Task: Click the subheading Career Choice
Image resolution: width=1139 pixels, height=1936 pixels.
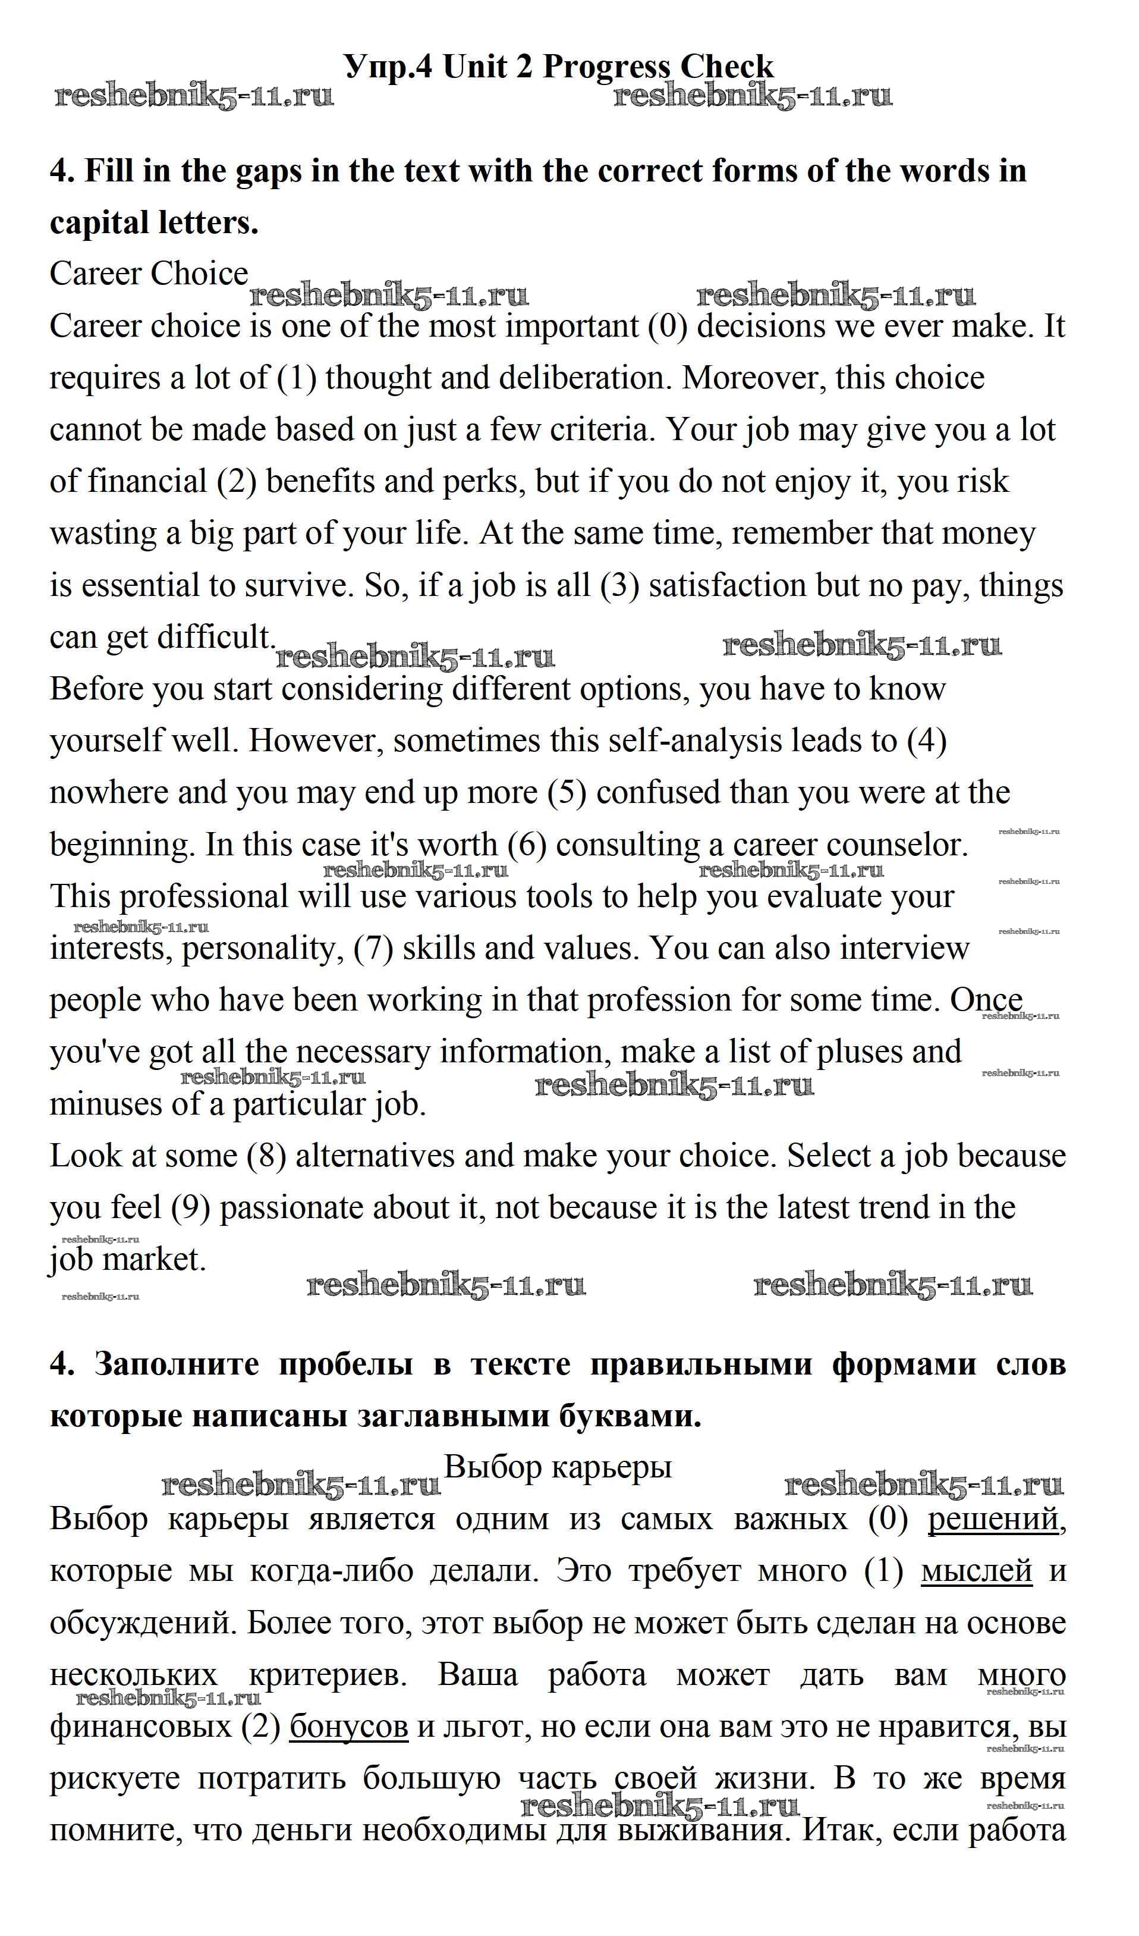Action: tap(149, 274)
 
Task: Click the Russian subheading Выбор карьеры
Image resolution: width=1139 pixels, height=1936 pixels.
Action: tap(558, 1467)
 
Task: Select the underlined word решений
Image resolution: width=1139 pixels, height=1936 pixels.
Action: tap(993, 1520)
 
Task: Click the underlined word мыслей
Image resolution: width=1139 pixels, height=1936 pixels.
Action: tap(976, 1571)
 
